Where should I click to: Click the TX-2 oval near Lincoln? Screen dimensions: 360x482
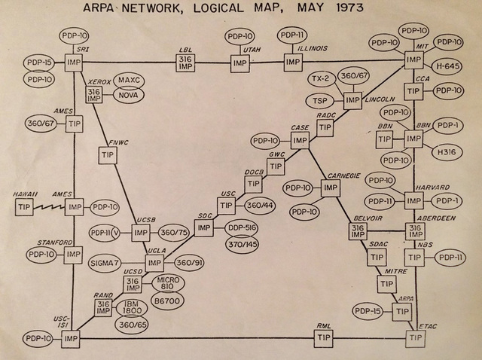(x=320, y=81)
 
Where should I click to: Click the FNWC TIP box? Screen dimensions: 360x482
(x=105, y=154)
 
